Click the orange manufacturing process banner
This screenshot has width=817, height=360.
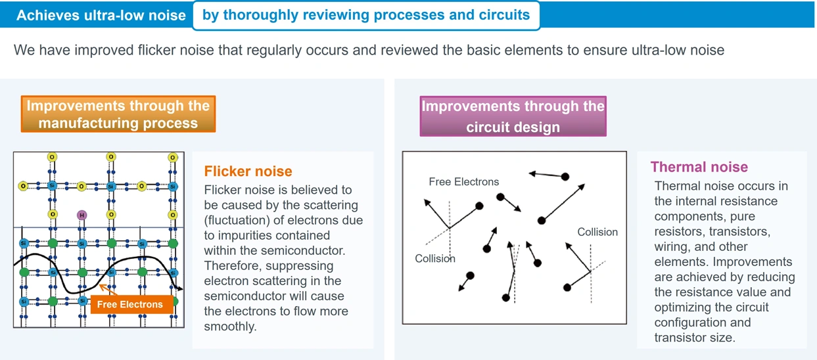click(118, 114)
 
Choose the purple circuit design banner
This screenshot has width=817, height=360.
click(513, 116)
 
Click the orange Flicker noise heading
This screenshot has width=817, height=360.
click(248, 171)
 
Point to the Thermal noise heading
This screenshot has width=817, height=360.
click(699, 168)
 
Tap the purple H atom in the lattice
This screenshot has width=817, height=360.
click(82, 215)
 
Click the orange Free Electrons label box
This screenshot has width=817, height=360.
click(130, 305)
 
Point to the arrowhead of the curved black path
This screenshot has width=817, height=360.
click(180, 288)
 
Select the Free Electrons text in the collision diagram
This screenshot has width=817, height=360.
click(463, 182)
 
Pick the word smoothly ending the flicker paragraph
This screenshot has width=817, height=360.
click(229, 326)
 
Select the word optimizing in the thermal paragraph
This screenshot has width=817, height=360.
click(683, 307)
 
